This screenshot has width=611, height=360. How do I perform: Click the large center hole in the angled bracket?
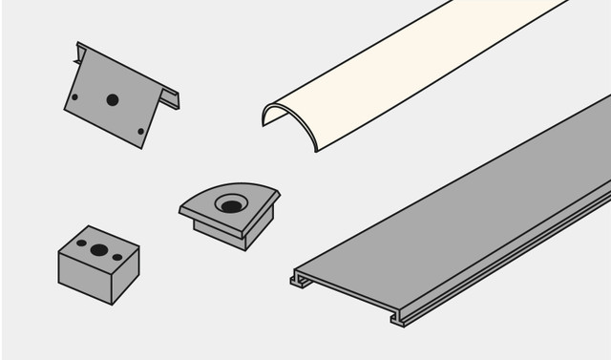[x=113, y=99]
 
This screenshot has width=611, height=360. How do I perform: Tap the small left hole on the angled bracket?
[x=74, y=96]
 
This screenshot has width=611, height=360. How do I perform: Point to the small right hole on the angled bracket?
[x=140, y=131]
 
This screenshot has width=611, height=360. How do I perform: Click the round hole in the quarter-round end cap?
[x=230, y=203]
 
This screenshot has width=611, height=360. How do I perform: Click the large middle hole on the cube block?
[x=99, y=250]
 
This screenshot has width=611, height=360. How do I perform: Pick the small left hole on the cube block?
[x=81, y=244]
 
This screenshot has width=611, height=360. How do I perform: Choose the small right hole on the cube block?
[x=117, y=257]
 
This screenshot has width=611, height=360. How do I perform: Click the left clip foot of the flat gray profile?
[x=300, y=280]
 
